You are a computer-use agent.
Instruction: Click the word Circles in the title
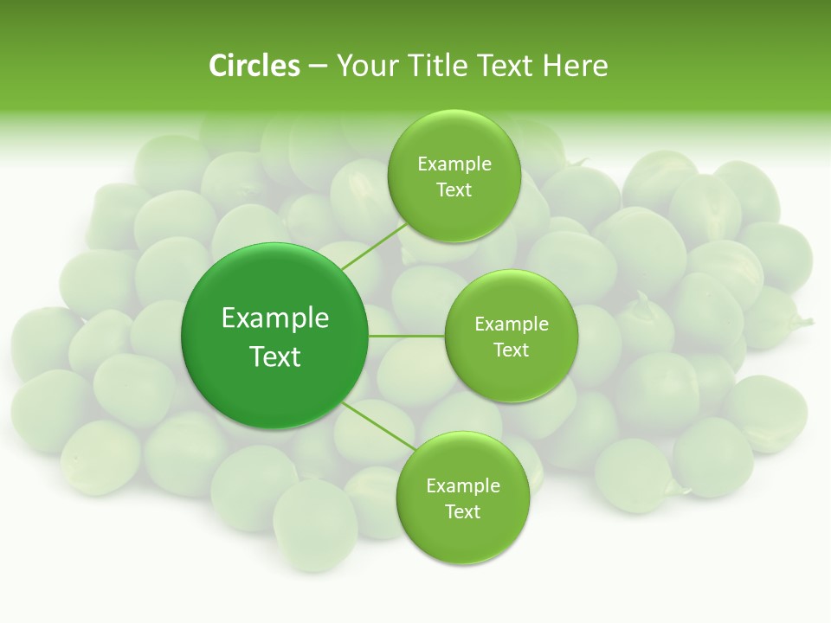[254, 66]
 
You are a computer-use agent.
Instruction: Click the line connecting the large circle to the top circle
[374, 246]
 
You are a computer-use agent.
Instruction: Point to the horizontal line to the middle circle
[407, 336]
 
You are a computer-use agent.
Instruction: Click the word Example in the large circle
[275, 318]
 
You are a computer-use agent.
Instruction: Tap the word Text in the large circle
[275, 356]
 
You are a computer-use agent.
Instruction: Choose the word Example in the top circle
[454, 164]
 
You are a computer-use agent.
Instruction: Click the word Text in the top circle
[454, 190]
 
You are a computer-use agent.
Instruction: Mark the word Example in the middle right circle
[512, 324]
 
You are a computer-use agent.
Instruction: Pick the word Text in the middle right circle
[512, 350]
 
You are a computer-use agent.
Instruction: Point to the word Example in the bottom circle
[463, 486]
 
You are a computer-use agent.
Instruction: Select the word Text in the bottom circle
[463, 512]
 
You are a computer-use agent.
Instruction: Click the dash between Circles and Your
[317, 67]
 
